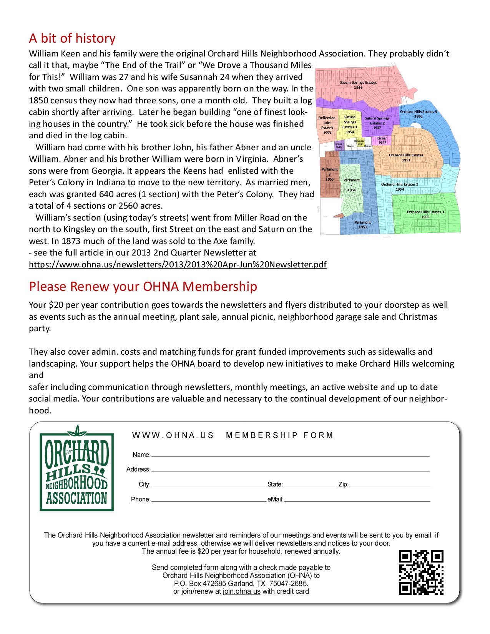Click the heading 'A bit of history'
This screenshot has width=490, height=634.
pyautogui.click(x=72, y=38)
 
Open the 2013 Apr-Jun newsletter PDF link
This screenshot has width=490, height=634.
pyautogui.click(x=178, y=264)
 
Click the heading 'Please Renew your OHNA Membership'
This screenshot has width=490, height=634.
pyautogui.click(x=143, y=287)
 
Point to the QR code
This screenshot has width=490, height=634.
pyautogui.click(x=421, y=573)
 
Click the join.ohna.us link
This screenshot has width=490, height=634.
pyautogui.click(x=241, y=591)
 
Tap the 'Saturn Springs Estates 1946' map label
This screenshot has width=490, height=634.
pyautogui.click(x=358, y=85)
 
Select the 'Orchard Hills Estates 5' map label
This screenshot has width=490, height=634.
pyautogui.click(x=418, y=114)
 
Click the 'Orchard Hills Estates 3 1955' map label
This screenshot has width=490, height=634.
pyautogui.click(x=425, y=214)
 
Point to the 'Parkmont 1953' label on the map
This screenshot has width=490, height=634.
pyautogui.click(x=362, y=224)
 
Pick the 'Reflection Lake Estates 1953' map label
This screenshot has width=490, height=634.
pyautogui.click(x=327, y=125)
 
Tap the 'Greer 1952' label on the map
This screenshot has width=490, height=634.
pyautogui.click(x=382, y=140)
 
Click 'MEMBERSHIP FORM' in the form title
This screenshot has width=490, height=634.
pyautogui.click(x=279, y=435)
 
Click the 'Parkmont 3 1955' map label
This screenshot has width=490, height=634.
pyautogui.click(x=329, y=174)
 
